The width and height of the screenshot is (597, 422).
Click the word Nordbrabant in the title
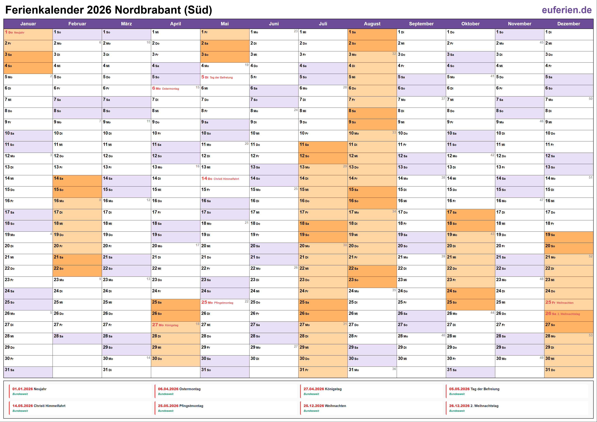148,10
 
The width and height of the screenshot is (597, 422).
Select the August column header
372,24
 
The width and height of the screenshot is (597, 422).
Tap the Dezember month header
568,24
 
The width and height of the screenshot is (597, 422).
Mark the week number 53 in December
591,335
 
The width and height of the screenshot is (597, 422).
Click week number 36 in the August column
394,369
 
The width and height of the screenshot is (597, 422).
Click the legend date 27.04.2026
314,389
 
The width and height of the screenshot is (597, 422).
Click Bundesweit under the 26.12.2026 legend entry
457,411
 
